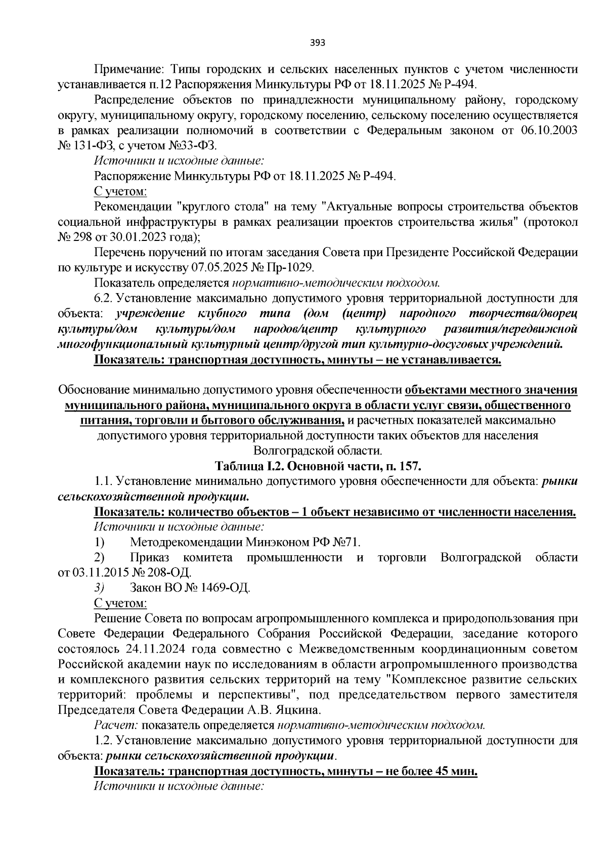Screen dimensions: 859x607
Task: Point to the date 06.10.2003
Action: click(x=549, y=131)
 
